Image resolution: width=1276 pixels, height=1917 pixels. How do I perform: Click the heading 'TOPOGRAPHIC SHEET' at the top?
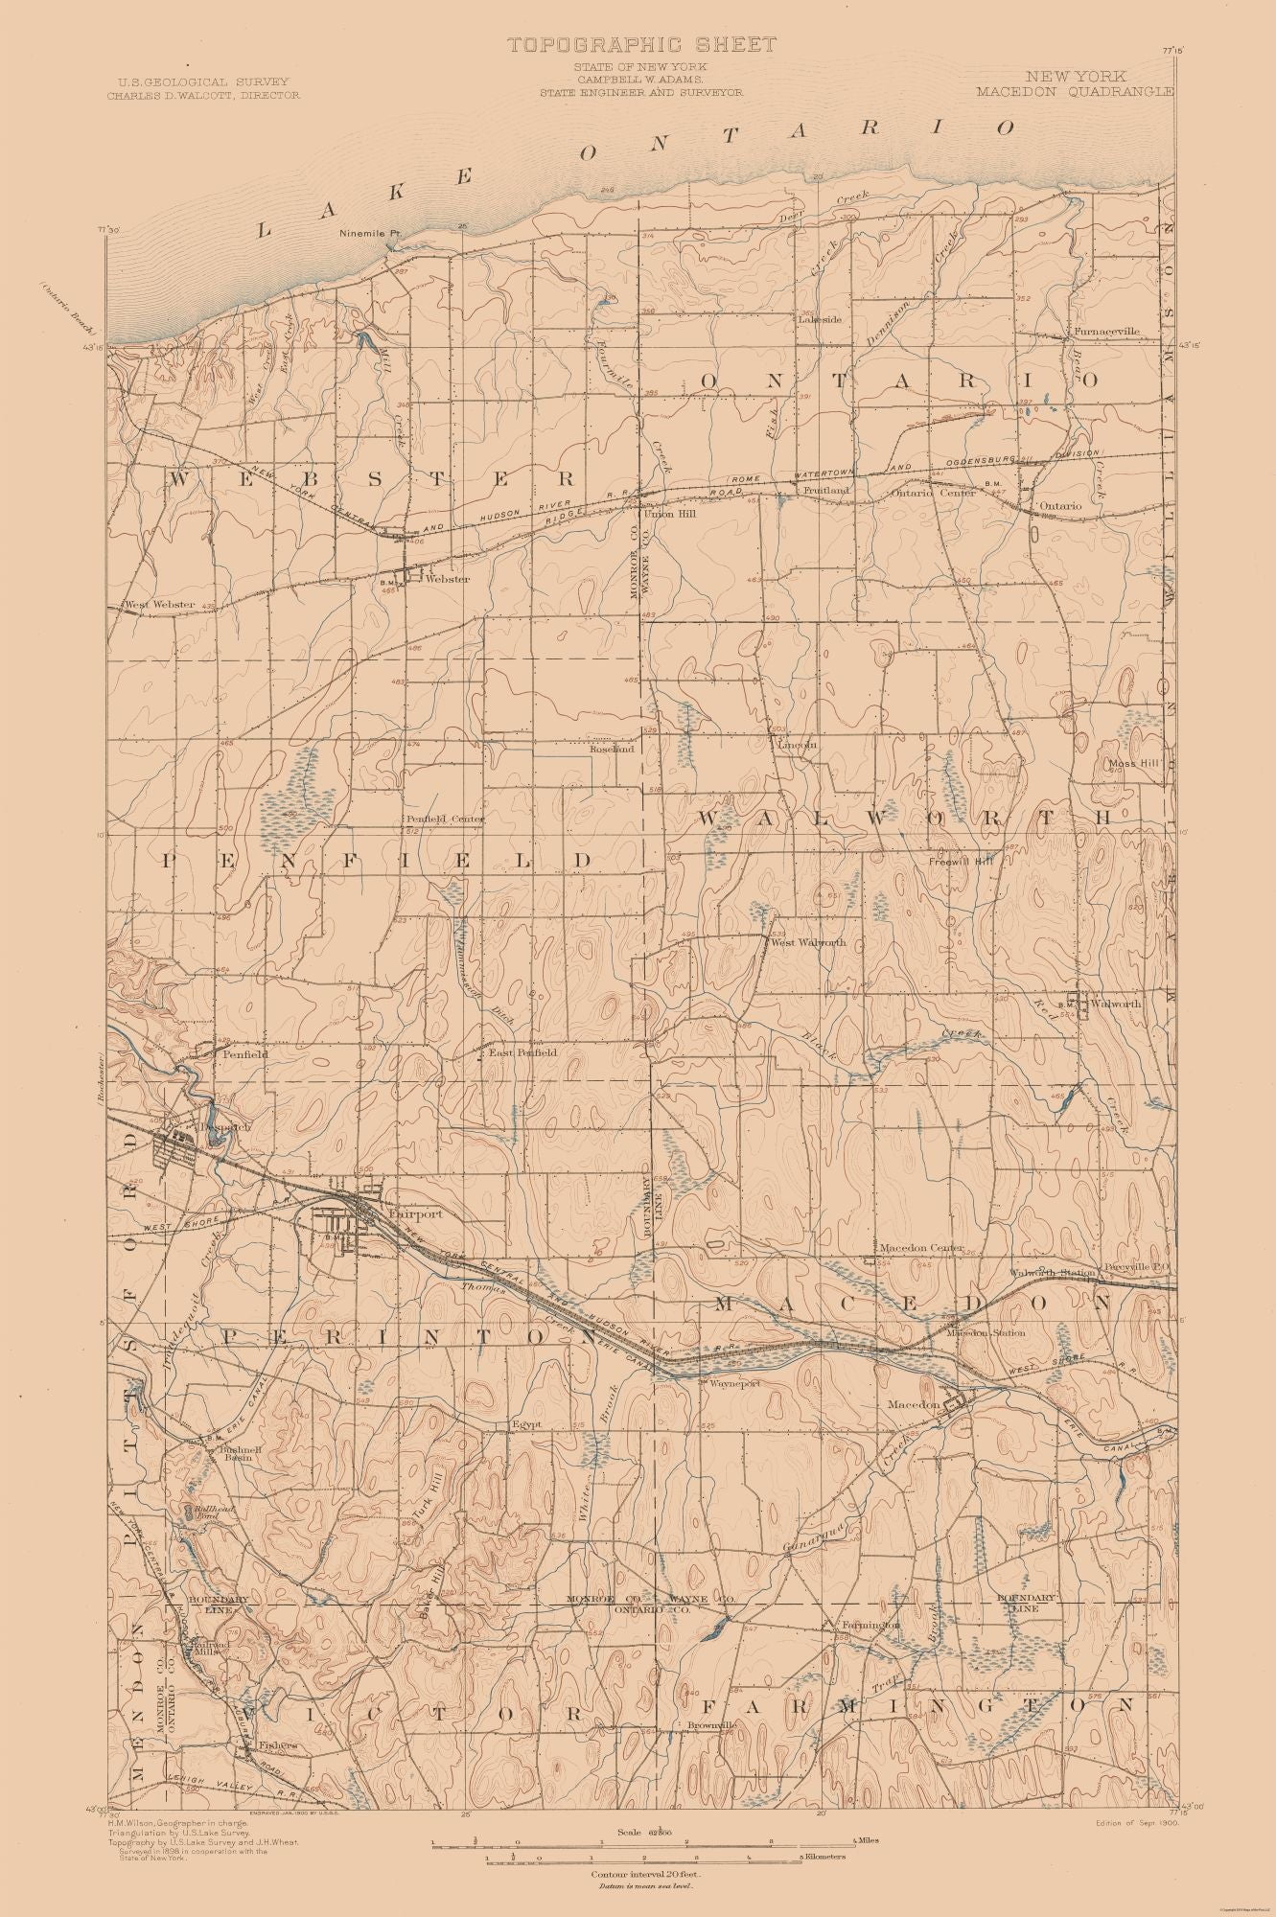pyautogui.click(x=641, y=44)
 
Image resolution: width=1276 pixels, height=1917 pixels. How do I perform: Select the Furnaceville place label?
pyautogui.click(x=1106, y=331)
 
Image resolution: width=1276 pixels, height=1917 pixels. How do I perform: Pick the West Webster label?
pyautogui.click(x=159, y=605)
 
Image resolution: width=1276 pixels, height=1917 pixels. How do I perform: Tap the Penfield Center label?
pyautogui.click(x=443, y=820)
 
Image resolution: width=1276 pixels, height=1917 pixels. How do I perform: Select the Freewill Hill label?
pyautogui.click(x=961, y=862)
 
